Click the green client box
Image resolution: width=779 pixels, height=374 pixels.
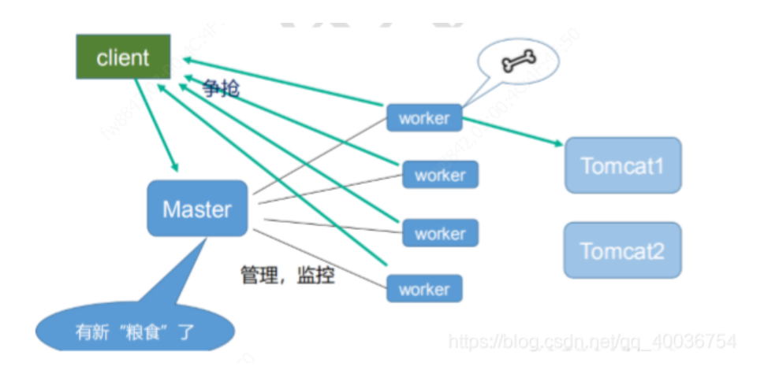coord(123,57)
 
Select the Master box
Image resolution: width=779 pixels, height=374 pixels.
coord(197,209)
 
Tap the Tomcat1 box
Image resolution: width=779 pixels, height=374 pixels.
coord(623,165)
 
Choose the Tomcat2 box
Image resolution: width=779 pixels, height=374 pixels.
coord(623,250)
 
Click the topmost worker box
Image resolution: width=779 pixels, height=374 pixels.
coord(423,118)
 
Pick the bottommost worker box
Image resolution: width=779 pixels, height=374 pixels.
coord(423,289)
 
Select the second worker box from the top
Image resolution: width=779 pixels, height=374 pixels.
coord(440,175)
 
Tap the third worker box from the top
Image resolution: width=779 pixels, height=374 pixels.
coord(440,233)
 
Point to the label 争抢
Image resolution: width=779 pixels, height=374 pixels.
coord(221,88)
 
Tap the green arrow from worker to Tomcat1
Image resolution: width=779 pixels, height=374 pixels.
coord(512,131)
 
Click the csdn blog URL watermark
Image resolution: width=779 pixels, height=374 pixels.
coord(592,341)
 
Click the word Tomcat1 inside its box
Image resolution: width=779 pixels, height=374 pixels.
coord(623,165)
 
